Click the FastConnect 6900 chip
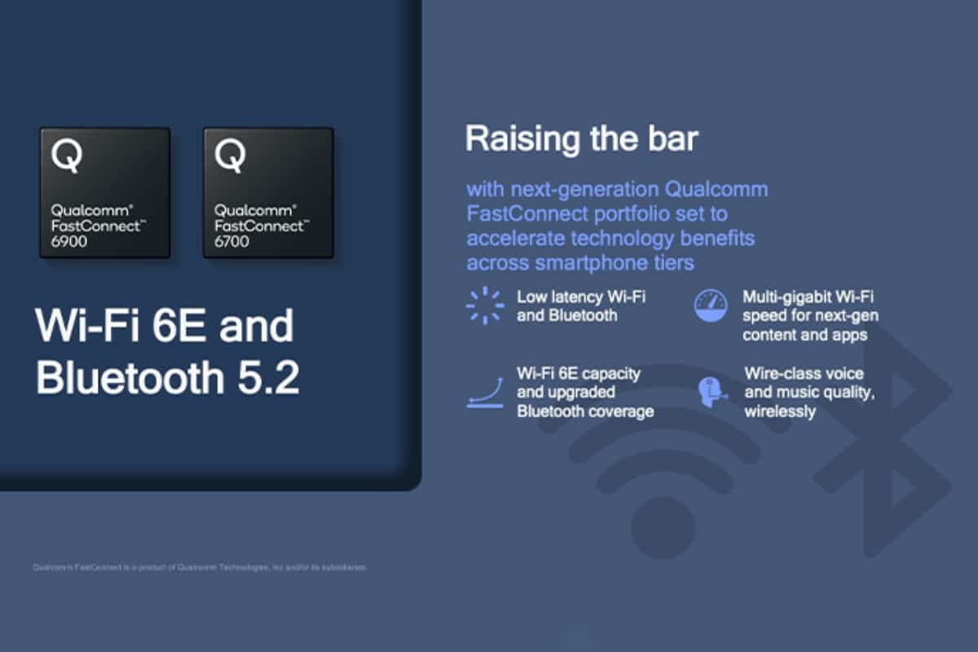(x=105, y=192)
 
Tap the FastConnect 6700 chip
(x=268, y=192)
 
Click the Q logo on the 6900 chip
(x=66, y=156)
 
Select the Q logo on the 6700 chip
(x=229, y=156)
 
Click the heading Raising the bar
(x=581, y=139)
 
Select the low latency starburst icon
(x=484, y=306)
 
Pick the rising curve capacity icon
(x=484, y=392)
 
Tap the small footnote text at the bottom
(x=199, y=567)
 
